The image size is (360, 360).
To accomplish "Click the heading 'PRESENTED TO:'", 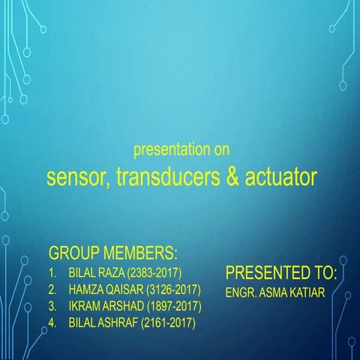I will (x=281, y=271).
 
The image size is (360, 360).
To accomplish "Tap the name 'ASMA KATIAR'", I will (x=295, y=291).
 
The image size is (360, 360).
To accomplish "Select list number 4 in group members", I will (x=52, y=323).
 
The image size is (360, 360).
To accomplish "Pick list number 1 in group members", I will (x=52, y=271).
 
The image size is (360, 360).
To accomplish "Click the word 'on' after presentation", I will (x=221, y=150).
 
